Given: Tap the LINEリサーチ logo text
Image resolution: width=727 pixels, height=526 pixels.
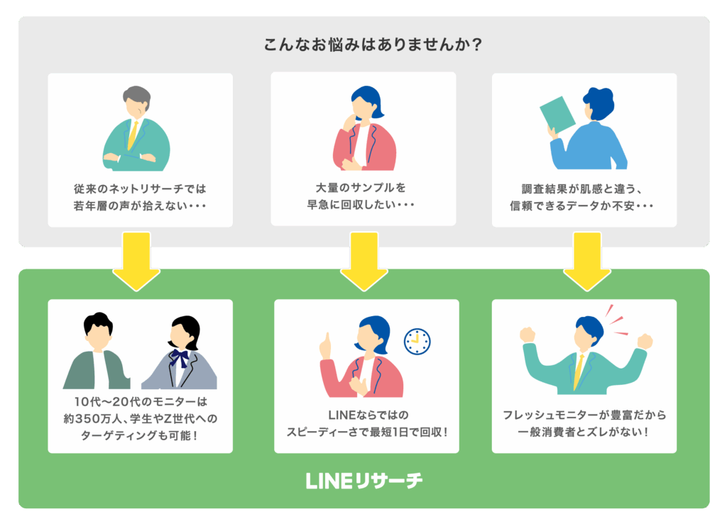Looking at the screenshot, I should tap(363, 481).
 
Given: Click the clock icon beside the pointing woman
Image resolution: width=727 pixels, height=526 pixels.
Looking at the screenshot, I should tap(417, 341).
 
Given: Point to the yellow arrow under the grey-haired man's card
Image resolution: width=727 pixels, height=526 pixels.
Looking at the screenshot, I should tap(137, 260).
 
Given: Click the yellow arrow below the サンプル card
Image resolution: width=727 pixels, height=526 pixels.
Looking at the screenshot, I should tap(363, 260).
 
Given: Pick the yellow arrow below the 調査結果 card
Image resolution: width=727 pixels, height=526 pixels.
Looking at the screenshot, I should tap(586, 260).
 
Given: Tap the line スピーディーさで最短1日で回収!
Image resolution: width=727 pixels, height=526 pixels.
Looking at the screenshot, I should tap(366, 432).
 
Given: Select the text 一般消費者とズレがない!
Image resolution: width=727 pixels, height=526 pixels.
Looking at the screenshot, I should tap(584, 432).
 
